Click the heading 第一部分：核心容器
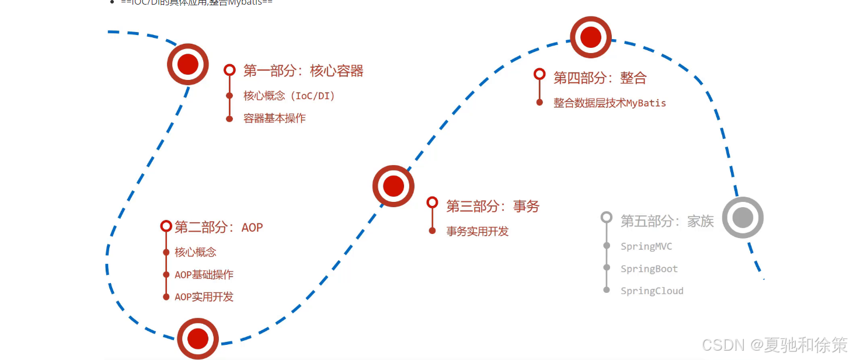coord(303,71)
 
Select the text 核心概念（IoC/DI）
coord(289,96)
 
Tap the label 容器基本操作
coord(274,118)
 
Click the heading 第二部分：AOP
coord(218,227)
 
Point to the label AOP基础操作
coord(204,275)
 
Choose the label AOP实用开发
coord(204,297)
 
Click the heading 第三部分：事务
coord(493,206)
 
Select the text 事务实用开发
coord(478,232)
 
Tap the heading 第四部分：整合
coord(600,78)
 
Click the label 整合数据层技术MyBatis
coord(609,103)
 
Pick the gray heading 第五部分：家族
coord(667,221)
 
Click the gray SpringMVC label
coord(646,247)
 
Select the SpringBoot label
coord(649,269)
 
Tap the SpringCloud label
coord(652,291)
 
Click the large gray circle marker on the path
coord(743,218)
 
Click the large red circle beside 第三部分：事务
coord(393,186)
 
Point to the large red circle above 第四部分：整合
coord(590,37)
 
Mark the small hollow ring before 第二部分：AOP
coord(166,226)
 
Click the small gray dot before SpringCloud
coord(607,290)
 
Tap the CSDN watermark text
coord(774,345)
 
